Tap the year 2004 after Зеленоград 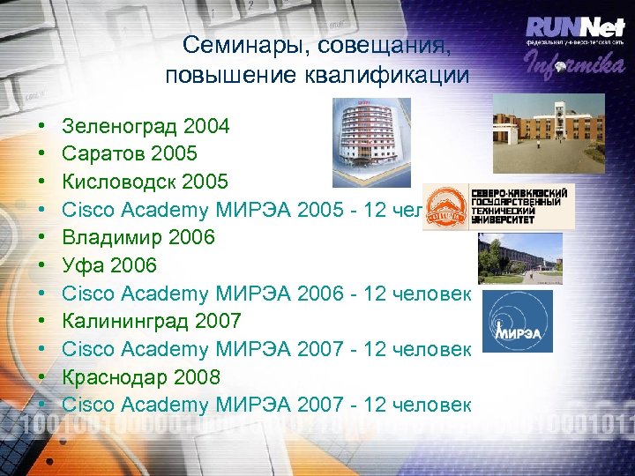coord(205,126)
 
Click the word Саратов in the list coord(104,154)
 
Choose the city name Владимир coord(111,237)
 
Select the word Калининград coord(127,321)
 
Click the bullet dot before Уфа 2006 coord(44,265)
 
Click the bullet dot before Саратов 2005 coord(44,154)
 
